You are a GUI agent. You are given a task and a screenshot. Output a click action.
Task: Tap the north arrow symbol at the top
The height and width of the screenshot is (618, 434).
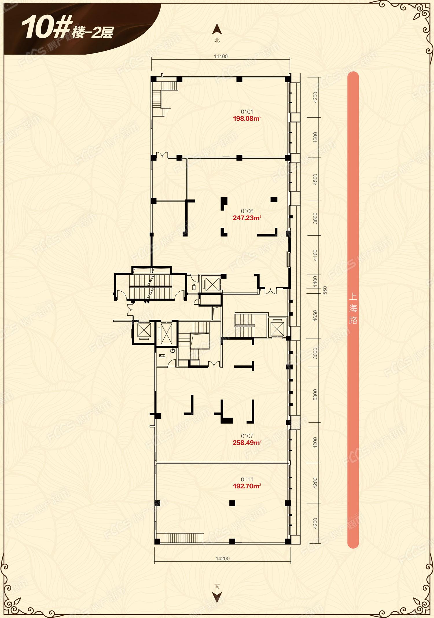[x=217, y=30]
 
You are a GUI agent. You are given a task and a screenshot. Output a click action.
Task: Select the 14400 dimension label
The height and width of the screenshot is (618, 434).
[x=221, y=56]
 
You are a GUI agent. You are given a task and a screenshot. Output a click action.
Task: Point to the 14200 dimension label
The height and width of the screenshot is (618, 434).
[x=223, y=559]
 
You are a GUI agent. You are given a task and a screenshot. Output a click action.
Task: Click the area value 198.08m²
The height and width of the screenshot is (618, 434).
[x=247, y=118]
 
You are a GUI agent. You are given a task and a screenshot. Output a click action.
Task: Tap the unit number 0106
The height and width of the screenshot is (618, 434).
[x=247, y=211]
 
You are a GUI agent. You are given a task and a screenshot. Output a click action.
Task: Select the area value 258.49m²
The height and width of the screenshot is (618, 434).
[x=247, y=443]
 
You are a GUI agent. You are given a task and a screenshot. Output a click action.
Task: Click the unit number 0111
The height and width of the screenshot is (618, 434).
[x=247, y=479]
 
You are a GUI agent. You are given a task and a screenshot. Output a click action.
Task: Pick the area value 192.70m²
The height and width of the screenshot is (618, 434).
[x=247, y=486]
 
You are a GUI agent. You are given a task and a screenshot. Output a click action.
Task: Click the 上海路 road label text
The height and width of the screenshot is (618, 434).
[x=353, y=308]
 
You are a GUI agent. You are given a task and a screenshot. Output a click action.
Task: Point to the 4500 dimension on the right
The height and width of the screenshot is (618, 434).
[x=315, y=179]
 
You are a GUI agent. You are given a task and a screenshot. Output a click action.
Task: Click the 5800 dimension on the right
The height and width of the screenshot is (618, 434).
[x=315, y=395]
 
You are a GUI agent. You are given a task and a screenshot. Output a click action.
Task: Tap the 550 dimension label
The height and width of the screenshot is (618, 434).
[x=325, y=290]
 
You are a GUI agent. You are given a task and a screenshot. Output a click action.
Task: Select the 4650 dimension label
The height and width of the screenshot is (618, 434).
[x=315, y=316]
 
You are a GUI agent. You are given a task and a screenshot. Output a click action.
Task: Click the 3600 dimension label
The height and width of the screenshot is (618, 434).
[x=315, y=218]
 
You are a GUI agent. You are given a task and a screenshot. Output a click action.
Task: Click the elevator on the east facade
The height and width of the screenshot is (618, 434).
[x=277, y=328]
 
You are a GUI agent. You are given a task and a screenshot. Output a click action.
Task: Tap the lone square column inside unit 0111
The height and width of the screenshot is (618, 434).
[x=232, y=503]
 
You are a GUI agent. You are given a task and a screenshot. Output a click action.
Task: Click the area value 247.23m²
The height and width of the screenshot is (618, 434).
[x=247, y=218]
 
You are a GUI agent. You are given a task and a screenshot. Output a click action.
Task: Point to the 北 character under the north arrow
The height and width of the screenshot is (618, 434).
[x=217, y=40]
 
